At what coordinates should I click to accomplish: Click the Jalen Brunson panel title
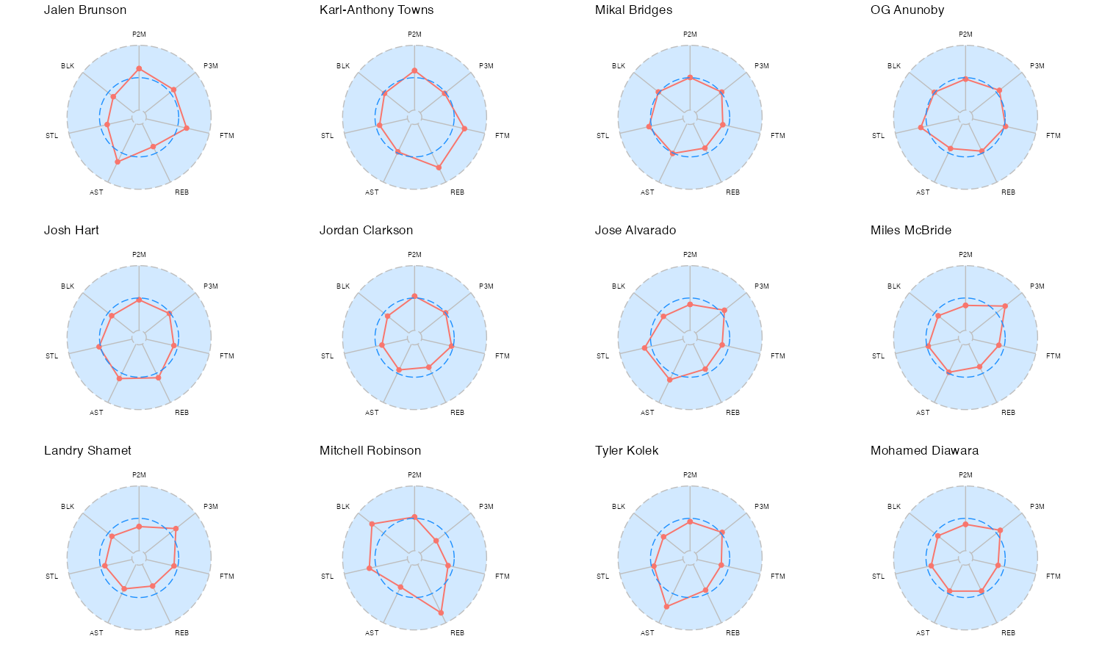pyautogui.click(x=85, y=10)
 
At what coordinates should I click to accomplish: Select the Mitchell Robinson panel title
pyautogui.click(x=370, y=451)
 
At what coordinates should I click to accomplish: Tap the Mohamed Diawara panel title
pyautogui.click(x=924, y=451)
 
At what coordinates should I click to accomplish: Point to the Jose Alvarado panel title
pyautogui.click(x=635, y=231)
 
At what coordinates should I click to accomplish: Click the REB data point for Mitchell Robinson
pyautogui.click(x=442, y=612)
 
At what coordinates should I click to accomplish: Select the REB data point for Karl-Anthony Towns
pyautogui.click(x=439, y=167)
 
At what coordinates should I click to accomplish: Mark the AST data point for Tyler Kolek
pyautogui.click(x=666, y=607)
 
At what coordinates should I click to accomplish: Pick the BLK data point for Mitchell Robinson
pyautogui.click(x=372, y=524)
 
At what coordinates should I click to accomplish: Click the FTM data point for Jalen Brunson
pyautogui.click(x=187, y=129)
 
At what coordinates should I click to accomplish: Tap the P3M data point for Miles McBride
pyautogui.click(x=1005, y=306)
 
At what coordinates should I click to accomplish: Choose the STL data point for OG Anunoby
pyautogui.click(x=921, y=128)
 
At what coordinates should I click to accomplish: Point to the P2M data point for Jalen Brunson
pyautogui.click(x=139, y=69)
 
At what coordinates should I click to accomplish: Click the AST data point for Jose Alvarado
pyautogui.click(x=669, y=379)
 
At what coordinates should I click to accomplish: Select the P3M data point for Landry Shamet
pyautogui.click(x=176, y=529)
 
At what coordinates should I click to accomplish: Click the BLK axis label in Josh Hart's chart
pyautogui.click(x=68, y=286)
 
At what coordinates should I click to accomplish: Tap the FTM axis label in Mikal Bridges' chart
pyautogui.click(x=778, y=136)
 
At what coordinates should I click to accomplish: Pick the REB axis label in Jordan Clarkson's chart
pyautogui.click(x=457, y=413)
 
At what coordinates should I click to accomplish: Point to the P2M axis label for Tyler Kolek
pyautogui.click(x=690, y=475)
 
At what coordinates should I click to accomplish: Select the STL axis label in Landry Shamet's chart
pyautogui.click(x=51, y=577)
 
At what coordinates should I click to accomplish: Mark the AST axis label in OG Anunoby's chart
pyautogui.click(x=923, y=192)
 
